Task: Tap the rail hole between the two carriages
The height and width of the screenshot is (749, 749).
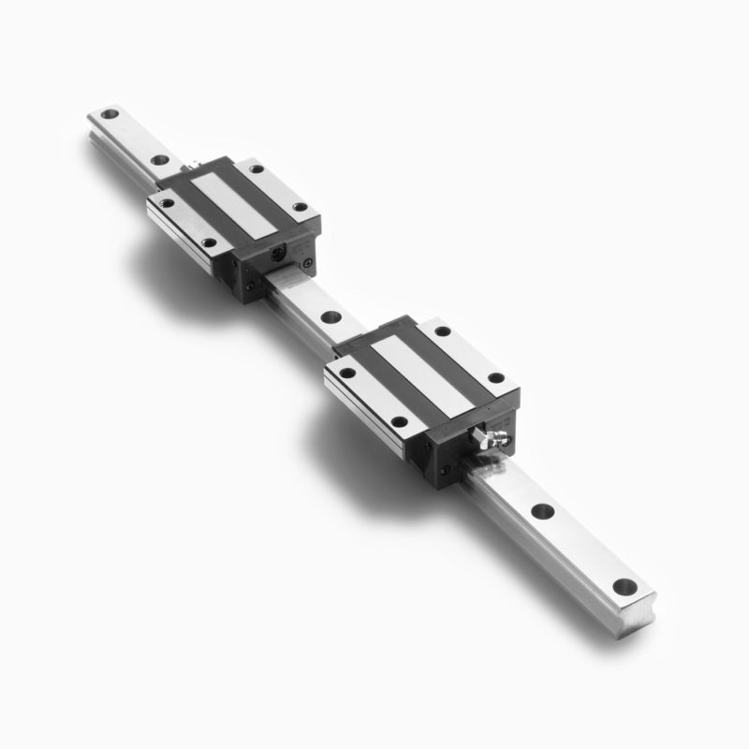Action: point(329,316)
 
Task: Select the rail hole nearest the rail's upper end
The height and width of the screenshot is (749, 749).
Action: point(110,115)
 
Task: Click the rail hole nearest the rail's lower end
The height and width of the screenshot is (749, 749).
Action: point(624,587)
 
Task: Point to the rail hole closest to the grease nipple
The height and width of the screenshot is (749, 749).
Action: point(541,512)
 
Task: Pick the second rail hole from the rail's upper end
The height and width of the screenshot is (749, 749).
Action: point(160,160)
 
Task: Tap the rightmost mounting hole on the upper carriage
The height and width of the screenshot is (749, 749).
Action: point(300,207)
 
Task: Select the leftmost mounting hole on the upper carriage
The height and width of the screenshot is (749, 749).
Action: point(166,201)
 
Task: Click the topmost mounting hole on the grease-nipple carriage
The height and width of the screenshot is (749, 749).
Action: point(442,331)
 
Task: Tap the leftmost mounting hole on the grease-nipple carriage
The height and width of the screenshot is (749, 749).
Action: point(345,373)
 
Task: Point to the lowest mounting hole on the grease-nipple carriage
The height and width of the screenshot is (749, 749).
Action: point(399,421)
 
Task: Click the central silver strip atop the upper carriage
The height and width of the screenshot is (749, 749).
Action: point(232,204)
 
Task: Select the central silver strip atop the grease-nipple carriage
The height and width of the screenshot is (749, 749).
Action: point(419,374)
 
